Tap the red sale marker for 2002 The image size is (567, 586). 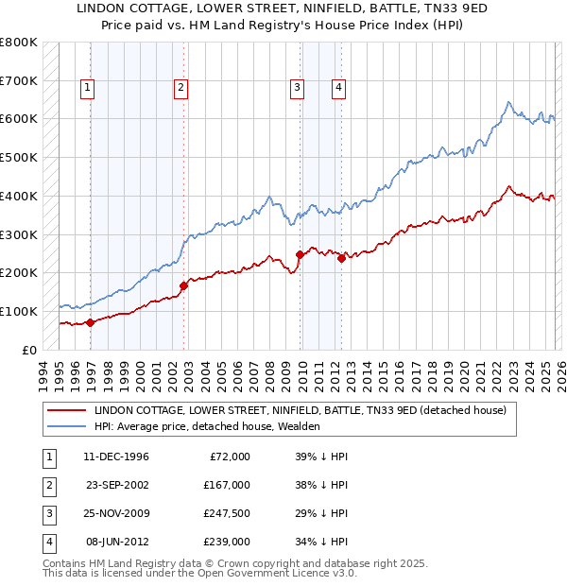(183, 284)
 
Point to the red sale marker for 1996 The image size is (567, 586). (90, 321)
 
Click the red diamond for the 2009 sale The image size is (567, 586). (301, 254)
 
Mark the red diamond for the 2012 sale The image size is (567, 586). (341, 257)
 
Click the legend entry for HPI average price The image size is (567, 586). (207, 426)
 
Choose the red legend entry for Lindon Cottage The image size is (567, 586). (301, 410)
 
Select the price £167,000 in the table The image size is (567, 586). (226, 485)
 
